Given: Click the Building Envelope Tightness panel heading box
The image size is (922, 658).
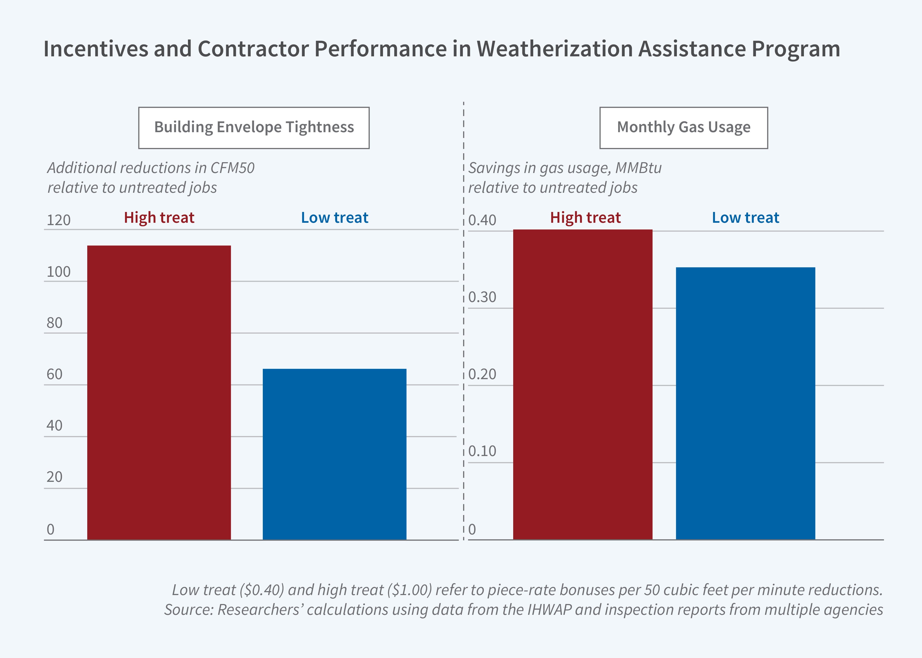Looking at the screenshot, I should click(x=254, y=128).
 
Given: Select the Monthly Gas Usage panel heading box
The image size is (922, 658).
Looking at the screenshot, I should click(x=683, y=128).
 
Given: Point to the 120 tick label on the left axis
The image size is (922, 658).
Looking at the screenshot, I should click(x=59, y=220).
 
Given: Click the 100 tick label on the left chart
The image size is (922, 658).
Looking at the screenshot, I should click(x=59, y=272).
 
